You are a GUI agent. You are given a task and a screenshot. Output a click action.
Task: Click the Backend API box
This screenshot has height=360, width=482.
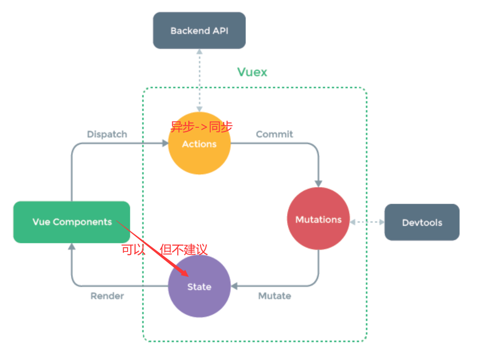tap(199, 30)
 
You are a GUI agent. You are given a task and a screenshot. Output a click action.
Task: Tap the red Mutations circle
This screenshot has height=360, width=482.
tap(318, 219)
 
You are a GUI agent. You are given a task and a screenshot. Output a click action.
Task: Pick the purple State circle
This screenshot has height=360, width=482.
tap(199, 286)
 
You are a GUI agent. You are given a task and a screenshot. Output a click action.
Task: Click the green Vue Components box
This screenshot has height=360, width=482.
tap(72, 222)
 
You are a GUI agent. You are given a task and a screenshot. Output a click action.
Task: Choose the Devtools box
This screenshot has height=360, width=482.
tap(422, 222)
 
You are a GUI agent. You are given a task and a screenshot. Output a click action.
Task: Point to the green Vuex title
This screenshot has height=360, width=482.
tap(252, 72)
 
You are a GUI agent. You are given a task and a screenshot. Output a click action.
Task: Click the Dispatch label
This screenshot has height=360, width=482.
tap(107, 134)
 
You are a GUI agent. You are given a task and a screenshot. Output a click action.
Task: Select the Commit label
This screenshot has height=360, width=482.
tap(274, 134)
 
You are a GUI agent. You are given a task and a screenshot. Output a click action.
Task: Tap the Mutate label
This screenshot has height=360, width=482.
tap(274, 296)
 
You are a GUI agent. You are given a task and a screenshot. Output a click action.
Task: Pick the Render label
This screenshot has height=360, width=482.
tap(107, 296)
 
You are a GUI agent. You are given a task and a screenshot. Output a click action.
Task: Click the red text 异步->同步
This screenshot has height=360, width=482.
tap(201, 127)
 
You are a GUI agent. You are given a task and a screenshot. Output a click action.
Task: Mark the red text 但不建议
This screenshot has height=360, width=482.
tap(184, 249)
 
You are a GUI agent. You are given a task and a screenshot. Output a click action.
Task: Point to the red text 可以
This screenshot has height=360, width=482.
tap(133, 249)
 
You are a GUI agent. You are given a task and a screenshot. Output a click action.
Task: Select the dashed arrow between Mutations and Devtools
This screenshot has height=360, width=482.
tap(367, 222)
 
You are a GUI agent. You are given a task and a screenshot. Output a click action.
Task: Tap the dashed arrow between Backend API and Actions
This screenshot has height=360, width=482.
tap(199, 80)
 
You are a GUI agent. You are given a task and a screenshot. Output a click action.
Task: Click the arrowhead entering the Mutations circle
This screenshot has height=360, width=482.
tap(318, 183)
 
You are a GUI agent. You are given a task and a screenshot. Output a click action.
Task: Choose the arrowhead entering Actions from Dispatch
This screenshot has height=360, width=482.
tap(164, 143)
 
